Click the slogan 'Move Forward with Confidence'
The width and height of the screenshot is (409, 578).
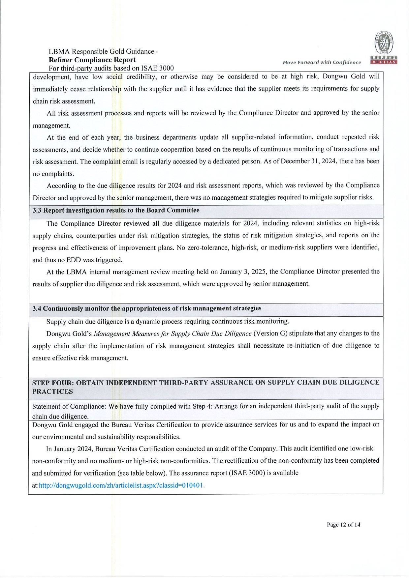(x=322, y=62)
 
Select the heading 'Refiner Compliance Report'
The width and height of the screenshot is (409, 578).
(x=92, y=60)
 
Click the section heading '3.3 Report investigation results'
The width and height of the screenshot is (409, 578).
(x=116, y=210)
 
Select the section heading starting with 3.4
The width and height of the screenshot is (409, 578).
(x=147, y=308)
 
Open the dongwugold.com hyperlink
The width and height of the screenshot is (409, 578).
(x=121, y=485)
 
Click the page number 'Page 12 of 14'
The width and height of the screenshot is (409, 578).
(x=343, y=525)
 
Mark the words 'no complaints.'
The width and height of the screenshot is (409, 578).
(x=53, y=174)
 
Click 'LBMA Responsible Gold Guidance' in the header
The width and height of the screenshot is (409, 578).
(x=101, y=51)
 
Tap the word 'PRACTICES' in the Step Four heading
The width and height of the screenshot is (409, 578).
(x=52, y=392)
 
